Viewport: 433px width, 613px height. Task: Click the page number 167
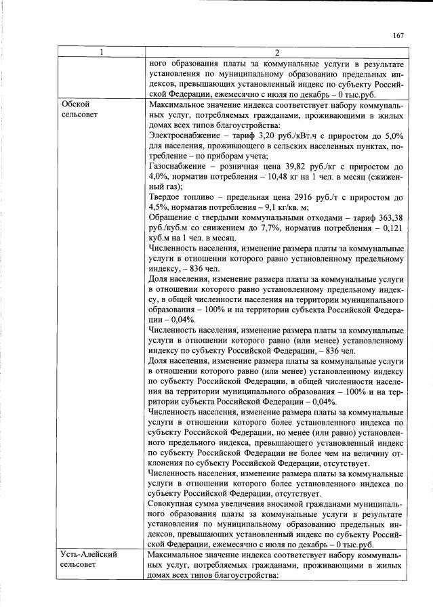click(x=398, y=36)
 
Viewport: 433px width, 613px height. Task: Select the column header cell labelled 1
click(x=101, y=54)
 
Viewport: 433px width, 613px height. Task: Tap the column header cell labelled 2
click(x=276, y=54)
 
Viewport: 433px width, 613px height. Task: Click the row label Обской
click(x=75, y=105)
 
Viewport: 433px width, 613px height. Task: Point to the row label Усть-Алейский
click(x=89, y=555)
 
